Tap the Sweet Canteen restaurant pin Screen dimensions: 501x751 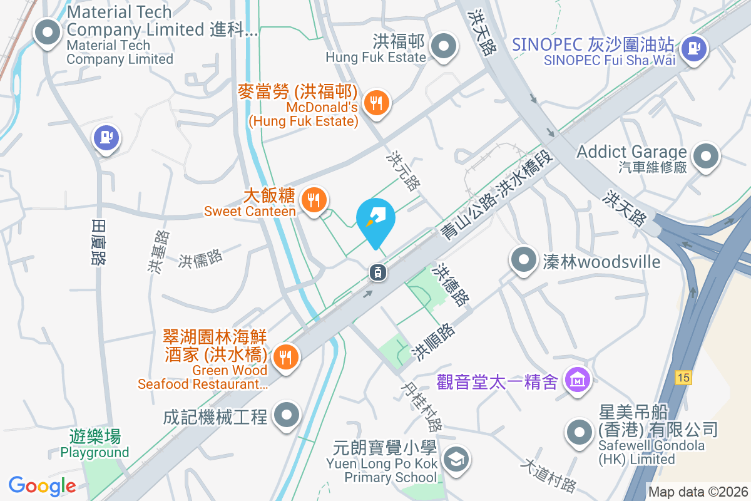(x=312, y=200)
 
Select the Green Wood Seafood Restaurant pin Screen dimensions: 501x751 (x=285, y=358)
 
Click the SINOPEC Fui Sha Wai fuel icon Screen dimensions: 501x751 (x=693, y=47)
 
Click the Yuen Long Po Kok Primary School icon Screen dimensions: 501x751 (x=454, y=460)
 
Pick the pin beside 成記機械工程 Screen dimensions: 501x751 (x=287, y=415)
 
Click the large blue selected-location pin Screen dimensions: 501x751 (x=375, y=220)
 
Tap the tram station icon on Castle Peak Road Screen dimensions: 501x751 (x=377, y=272)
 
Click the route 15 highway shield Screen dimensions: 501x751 (x=683, y=378)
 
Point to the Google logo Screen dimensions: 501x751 (x=42, y=485)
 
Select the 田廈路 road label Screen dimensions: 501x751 (x=98, y=242)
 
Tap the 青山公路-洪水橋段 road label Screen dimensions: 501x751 (x=498, y=199)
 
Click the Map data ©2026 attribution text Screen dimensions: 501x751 (x=698, y=492)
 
